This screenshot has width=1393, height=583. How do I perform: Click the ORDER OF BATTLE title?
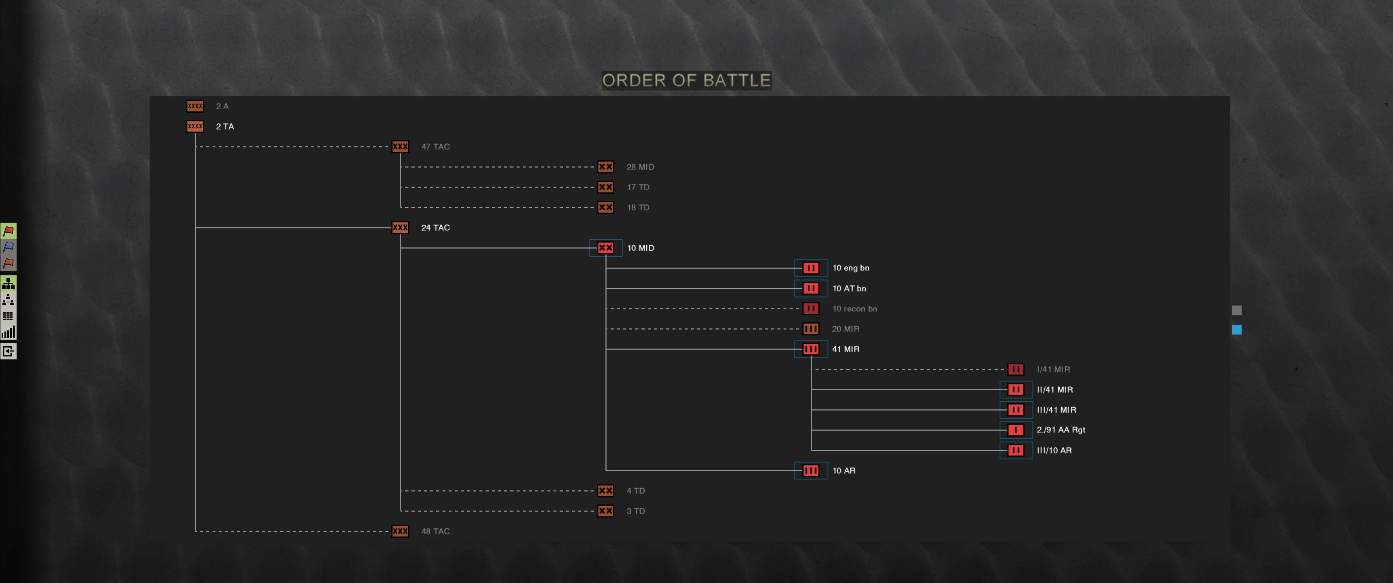686,81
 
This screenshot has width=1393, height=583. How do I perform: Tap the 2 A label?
222,106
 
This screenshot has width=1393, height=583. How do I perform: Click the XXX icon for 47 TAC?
400,147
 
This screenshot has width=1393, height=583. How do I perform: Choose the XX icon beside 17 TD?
605,187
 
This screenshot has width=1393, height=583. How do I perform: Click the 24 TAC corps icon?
400,228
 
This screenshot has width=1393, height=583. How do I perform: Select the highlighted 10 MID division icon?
605,248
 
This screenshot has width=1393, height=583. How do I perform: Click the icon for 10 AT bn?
811,288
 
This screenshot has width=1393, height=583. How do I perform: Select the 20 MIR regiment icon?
811,329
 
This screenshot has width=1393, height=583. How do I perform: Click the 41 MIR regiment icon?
811,349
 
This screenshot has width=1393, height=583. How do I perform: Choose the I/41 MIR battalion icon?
1016,369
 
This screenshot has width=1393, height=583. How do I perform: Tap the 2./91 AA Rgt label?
1061,430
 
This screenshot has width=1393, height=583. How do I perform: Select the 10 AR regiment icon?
811,470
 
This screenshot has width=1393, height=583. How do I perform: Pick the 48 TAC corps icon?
400,531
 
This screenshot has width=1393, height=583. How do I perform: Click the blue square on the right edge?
1237,330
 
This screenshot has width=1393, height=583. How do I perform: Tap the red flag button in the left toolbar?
9,231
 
